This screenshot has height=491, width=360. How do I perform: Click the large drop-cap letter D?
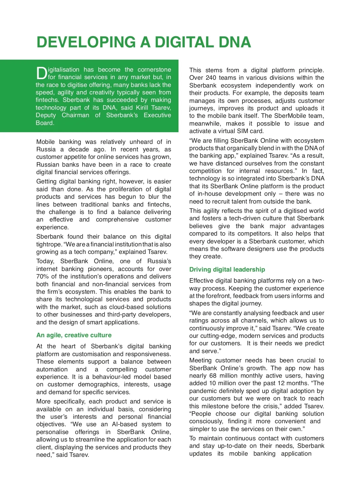pyautogui.click(x=41, y=73)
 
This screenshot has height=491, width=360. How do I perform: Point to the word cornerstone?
pyautogui.click(x=154, y=70)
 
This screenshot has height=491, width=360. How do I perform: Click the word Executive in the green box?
pyautogui.click(x=157, y=115)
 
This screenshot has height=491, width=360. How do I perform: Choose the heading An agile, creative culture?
pyautogui.click(x=74, y=335)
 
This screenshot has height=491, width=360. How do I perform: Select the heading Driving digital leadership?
pyautogui.click(x=227, y=269)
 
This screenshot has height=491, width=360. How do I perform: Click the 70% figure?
pyautogui.click(x=42, y=276)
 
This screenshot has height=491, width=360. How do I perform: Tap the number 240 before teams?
pyautogui.click(x=211, y=78)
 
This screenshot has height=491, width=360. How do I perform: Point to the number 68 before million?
pyautogui.click(x=213, y=376)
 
